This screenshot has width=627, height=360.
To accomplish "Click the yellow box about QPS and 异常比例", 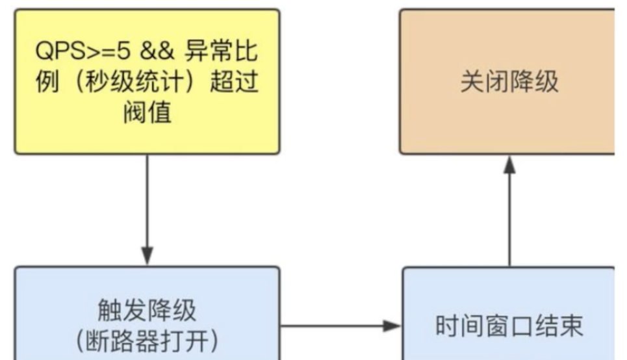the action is pyautogui.click(x=147, y=82).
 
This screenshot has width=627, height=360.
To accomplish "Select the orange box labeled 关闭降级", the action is pyautogui.click(x=507, y=82).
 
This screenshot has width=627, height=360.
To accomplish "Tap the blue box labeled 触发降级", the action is pyautogui.click(x=147, y=313).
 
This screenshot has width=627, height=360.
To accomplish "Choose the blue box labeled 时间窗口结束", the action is pyautogui.click(x=509, y=313).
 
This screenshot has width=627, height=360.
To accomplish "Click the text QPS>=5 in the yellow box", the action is pyautogui.click(x=83, y=51).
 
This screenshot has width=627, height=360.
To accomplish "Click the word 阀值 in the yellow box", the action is pyautogui.click(x=147, y=112).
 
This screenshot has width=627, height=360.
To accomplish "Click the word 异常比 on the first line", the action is pyautogui.click(x=221, y=51).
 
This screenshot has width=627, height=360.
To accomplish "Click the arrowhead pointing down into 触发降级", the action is pyautogui.click(x=147, y=256).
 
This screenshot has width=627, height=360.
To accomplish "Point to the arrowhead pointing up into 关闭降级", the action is pyautogui.click(x=509, y=165).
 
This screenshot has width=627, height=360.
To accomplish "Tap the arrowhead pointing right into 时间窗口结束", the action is pyautogui.click(x=392, y=326).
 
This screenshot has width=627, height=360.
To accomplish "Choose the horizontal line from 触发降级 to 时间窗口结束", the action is pyautogui.click(x=340, y=326).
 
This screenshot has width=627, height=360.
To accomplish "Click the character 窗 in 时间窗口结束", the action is pyautogui.click(x=496, y=326).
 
